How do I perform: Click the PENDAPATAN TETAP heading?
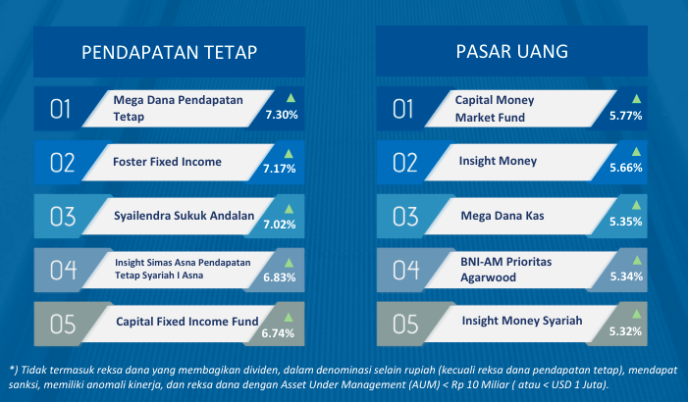coord(170,52)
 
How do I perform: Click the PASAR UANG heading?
coord(512,51)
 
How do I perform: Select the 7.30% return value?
coord(282,115)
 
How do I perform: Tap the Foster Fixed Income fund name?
coord(167,162)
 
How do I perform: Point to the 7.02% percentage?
coord(280,225)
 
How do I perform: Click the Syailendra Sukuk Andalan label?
coord(185,216)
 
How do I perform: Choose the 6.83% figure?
coord(280,277)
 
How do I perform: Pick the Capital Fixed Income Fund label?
coord(187,322)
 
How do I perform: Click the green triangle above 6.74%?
coord(289,318)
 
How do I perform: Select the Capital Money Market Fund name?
coord(495,109)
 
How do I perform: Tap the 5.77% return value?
coord(626,116)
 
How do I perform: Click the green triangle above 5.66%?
coord(636,152)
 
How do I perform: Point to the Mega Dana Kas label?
coord(503,216)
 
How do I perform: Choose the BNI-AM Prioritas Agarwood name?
coord(505,270)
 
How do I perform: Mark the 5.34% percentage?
coord(626,276)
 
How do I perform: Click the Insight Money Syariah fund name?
coord(522,321)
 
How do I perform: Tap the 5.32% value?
coord(625,331)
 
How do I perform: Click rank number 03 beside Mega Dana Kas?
coord(405,217)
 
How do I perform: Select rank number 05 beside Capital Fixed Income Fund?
coord(63,325)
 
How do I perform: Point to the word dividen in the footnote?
coord(264,370)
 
